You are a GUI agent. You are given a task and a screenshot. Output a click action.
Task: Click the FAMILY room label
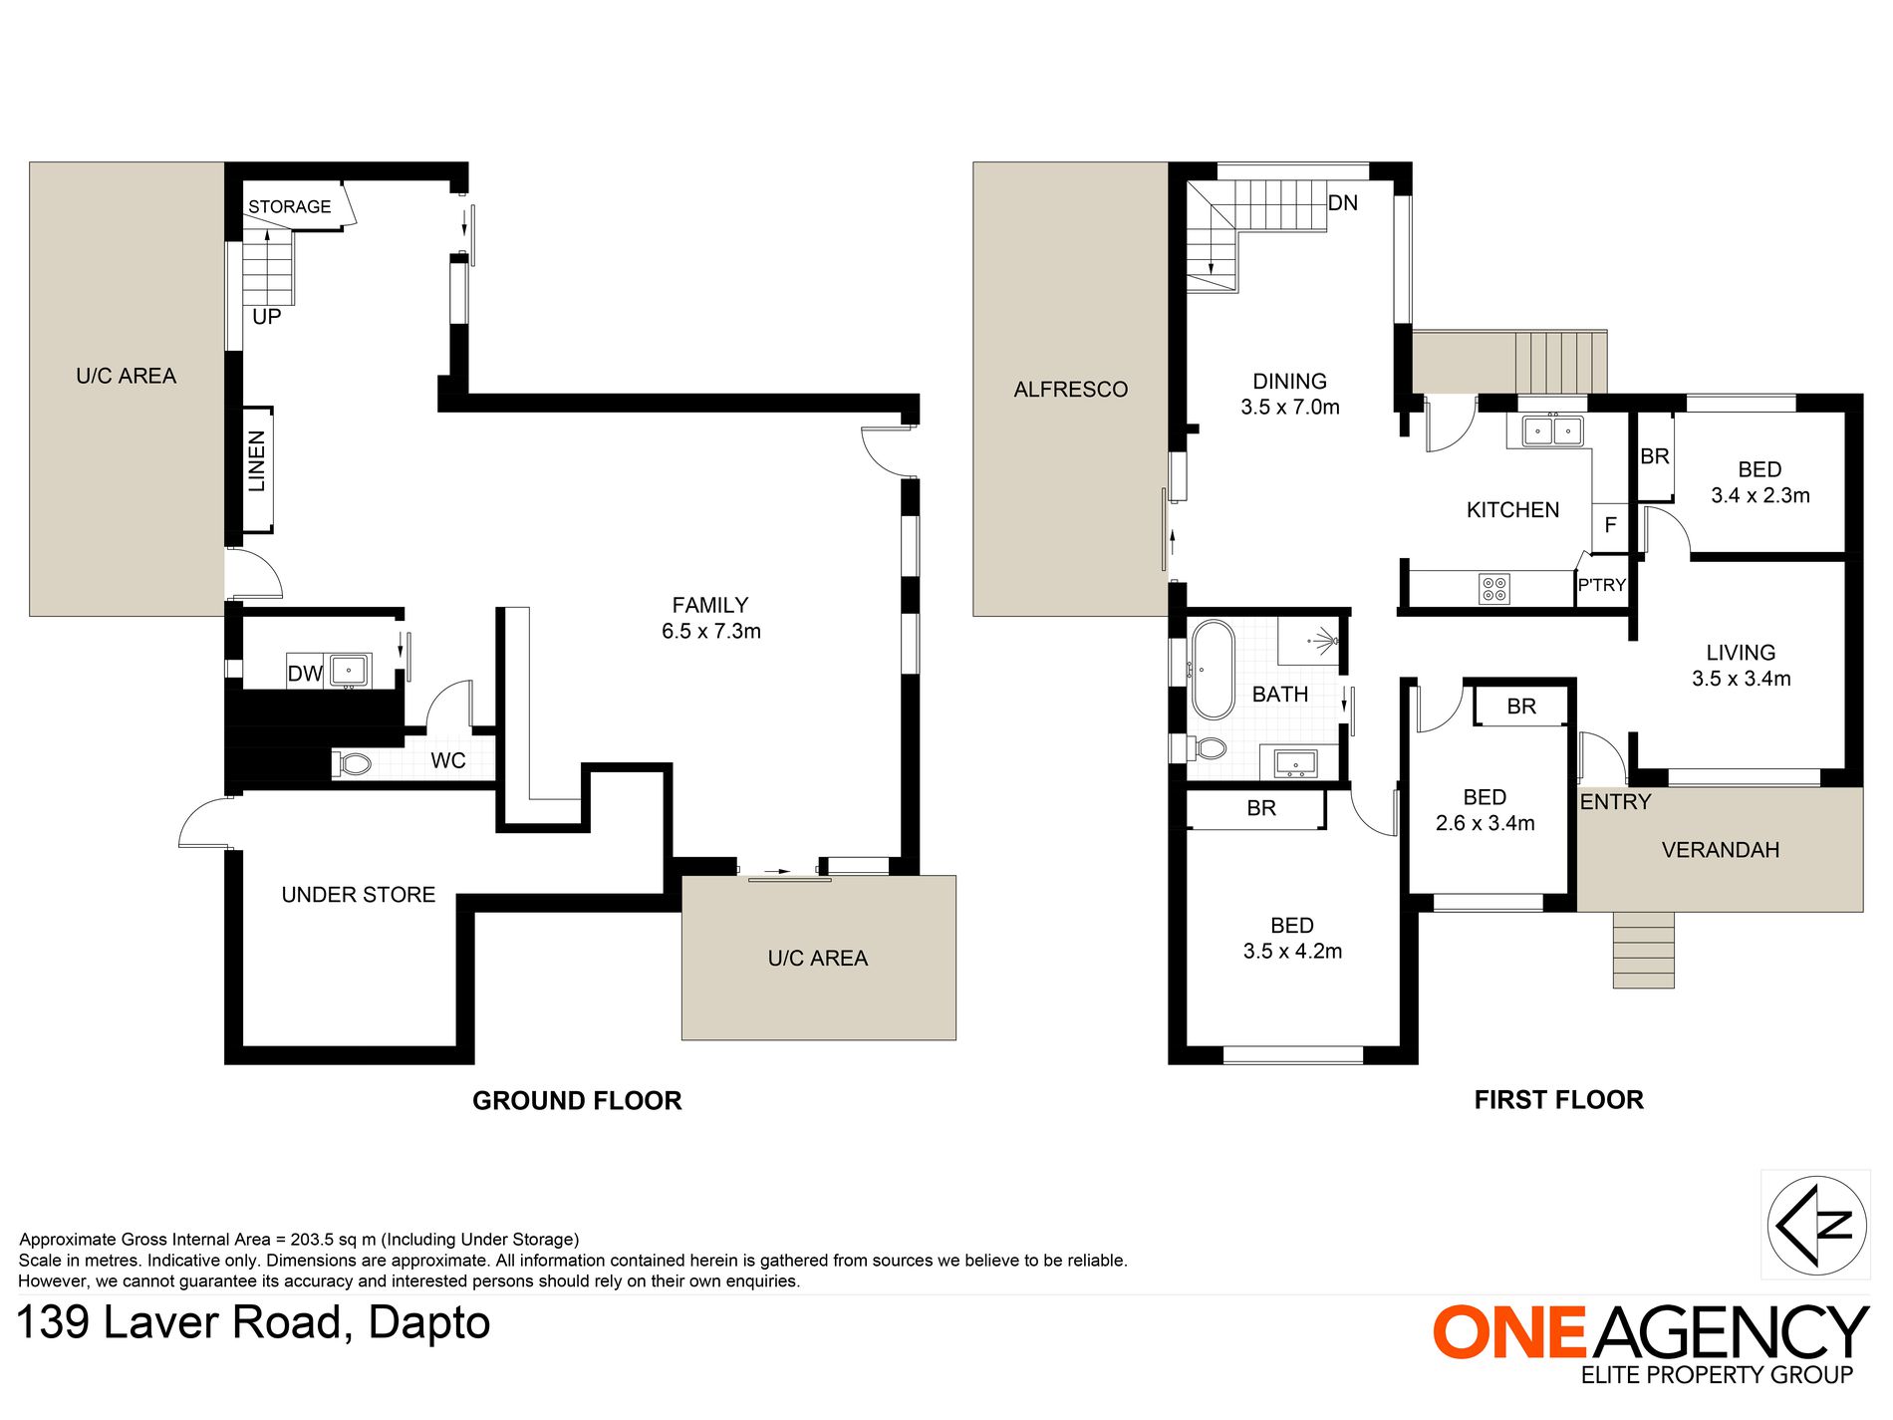pos(710,606)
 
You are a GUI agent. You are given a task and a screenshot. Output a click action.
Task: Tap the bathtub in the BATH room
pos(1213,670)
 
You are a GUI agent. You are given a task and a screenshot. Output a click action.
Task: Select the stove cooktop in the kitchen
pos(1493,589)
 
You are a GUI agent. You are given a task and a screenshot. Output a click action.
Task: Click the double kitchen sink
pos(1552,431)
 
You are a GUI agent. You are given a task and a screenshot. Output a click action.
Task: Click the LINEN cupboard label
pos(257,460)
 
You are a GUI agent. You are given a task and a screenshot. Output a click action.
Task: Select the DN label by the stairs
pos(1342,203)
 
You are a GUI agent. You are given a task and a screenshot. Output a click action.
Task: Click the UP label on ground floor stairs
pos(266,317)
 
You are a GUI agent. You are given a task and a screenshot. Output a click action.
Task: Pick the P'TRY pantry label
pos(1601,585)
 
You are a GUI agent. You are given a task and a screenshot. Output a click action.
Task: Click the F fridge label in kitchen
pos(1610,525)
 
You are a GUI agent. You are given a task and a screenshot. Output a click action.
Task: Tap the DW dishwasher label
pos(304,674)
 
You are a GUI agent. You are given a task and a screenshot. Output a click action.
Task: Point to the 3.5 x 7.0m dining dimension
pos(1289,408)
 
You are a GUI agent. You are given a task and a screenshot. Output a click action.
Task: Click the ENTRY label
pos(1615,802)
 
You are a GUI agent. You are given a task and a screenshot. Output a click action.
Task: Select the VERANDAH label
pos(1720,850)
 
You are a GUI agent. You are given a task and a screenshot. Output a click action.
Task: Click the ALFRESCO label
pos(1070,390)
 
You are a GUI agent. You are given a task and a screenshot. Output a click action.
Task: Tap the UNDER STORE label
pos(358,895)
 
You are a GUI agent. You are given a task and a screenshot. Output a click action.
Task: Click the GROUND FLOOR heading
pos(577,1100)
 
